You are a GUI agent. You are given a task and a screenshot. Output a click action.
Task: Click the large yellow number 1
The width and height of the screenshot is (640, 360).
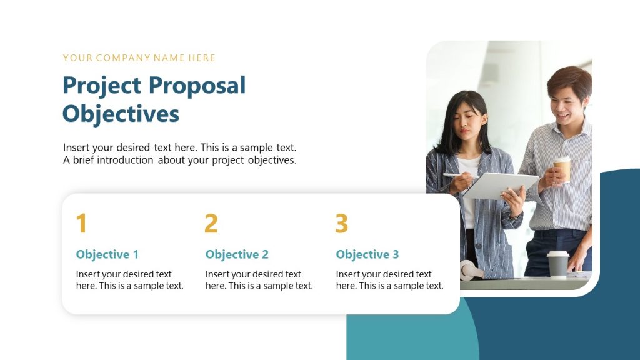pyautogui.click(x=81, y=224)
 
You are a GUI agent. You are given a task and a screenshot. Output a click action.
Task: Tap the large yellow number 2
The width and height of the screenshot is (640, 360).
pyautogui.click(x=211, y=224)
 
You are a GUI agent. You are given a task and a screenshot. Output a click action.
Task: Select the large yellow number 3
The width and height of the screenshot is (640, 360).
pyautogui.click(x=341, y=224)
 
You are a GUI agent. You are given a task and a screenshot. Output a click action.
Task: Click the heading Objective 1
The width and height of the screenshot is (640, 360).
pyautogui.click(x=107, y=254)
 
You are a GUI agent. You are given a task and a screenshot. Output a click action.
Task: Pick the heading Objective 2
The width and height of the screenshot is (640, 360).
pyautogui.click(x=237, y=254)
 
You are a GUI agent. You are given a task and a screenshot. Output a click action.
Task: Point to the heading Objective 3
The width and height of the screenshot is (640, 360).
pyautogui.click(x=367, y=254)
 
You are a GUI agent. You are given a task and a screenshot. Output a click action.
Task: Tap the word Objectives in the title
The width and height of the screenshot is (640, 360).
pyautogui.click(x=121, y=114)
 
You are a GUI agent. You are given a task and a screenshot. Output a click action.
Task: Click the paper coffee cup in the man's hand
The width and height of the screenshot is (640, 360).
pyautogui.click(x=562, y=167)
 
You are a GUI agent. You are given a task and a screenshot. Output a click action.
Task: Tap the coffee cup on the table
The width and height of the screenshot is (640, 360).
pyautogui.click(x=557, y=264)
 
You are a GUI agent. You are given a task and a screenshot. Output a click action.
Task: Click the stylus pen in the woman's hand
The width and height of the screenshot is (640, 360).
pyautogui.click(x=455, y=176)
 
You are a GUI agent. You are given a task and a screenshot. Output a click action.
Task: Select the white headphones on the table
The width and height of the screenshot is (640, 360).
pyautogui.click(x=470, y=271)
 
